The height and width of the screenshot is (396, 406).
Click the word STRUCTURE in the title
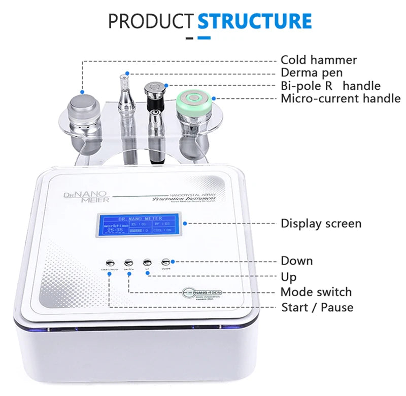(x=254, y=21)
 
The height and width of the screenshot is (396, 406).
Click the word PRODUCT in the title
(x=151, y=21)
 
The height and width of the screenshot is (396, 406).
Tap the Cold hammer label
(x=319, y=60)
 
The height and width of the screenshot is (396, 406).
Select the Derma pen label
(x=312, y=73)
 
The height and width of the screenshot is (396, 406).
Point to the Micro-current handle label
(x=341, y=98)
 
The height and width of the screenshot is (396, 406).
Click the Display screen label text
(x=321, y=223)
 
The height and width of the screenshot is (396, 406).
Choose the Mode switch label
(x=316, y=292)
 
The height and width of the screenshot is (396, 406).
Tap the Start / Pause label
(x=317, y=307)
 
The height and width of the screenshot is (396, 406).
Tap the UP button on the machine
(x=147, y=262)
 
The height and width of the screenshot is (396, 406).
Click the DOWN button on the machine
(x=165, y=262)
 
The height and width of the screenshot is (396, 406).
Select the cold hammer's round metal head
(x=83, y=105)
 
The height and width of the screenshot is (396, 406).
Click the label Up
(x=289, y=277)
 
